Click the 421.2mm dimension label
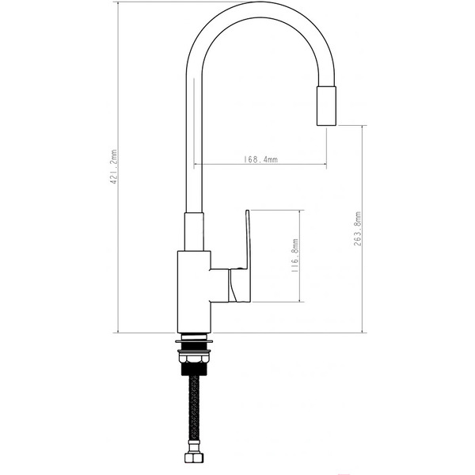click(x=114, y=168)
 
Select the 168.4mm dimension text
click(x=260, y=159)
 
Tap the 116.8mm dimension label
click(x=294, y=256)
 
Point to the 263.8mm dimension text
click(x=358, y=229)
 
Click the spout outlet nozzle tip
click(x=327, y=106)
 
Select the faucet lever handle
click(x=248, y=253)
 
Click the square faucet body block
click(x=194, y=291)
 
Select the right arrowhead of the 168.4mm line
click(x=324, y=165)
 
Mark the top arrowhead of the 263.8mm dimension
click(x=363, y=127)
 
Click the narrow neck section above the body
click(x=194, y=232)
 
